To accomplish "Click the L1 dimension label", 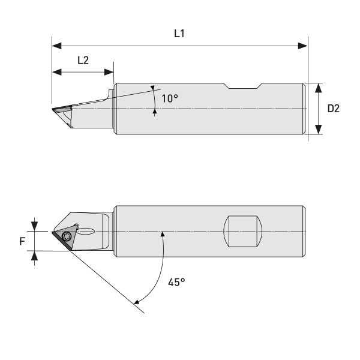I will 179,34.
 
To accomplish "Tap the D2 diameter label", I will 334,109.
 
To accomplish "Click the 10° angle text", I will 170,98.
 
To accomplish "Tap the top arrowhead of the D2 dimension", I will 319,87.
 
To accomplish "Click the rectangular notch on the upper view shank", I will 243,86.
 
